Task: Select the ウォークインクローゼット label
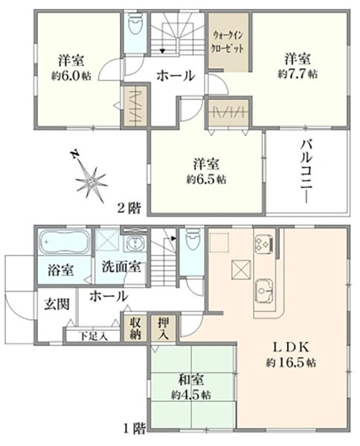(228, 42)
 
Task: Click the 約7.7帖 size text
(298, 74)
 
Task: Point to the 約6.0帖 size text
(71, 76)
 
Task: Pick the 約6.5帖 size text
(206, 179)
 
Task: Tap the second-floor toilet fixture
(135, 22)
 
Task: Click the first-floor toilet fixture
(191, 239)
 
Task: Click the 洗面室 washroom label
(121, 267)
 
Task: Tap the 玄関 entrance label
(57, 305)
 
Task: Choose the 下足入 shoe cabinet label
(93, 337)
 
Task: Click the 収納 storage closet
(135, 329)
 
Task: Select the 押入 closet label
(164, 329)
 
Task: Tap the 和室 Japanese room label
(191, 380)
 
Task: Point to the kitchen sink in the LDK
(265, 291)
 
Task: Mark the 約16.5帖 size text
(291, 363)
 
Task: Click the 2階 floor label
(129, 208)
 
